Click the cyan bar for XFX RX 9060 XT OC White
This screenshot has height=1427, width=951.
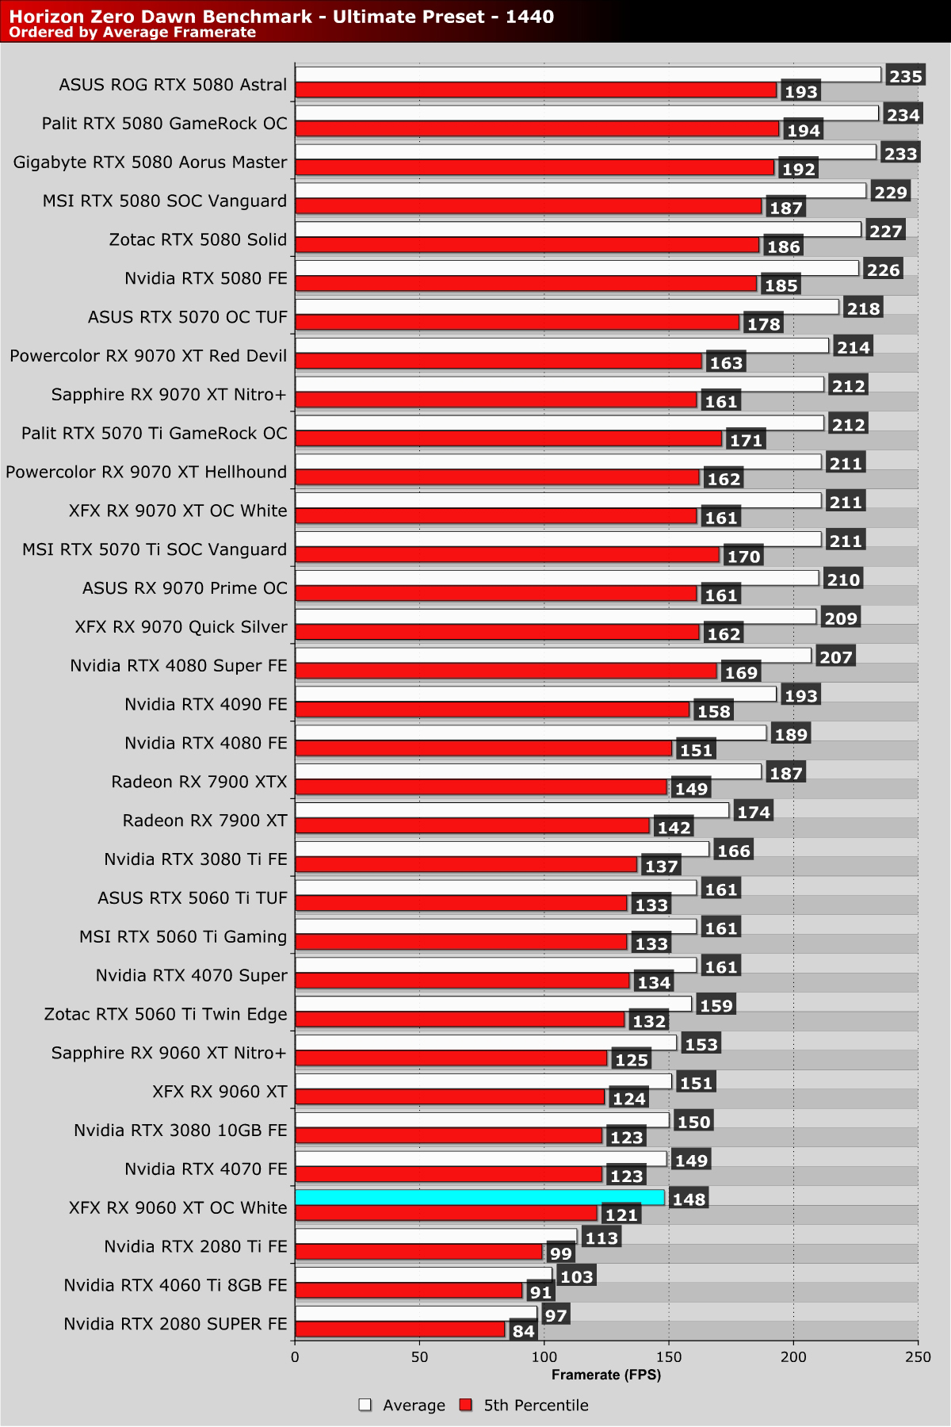tap(479, 1197)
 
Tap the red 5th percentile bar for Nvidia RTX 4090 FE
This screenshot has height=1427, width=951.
tap(492, 709)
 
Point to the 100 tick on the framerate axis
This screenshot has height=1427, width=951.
tap(544, 1357)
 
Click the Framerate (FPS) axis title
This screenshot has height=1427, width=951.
tap(606, 1375)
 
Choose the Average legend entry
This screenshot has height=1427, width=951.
tap(403, 1405)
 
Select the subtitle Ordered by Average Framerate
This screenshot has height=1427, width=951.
tap(132, 33)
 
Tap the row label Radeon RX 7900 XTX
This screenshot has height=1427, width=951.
tap(199, 782)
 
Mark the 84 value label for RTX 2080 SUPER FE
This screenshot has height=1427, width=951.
tap(523, 1331)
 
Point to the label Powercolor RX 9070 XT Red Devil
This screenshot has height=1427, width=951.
tap(148, 356)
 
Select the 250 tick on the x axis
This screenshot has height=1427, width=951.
tap(918, 1357)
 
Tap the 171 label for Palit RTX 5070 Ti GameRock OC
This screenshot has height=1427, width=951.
tap(746, 440)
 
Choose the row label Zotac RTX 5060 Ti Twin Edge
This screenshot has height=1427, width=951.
tap(166, 1014)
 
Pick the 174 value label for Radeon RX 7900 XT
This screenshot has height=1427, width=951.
tap(754, 812)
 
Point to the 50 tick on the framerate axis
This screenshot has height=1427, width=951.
tap(419, 1357)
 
